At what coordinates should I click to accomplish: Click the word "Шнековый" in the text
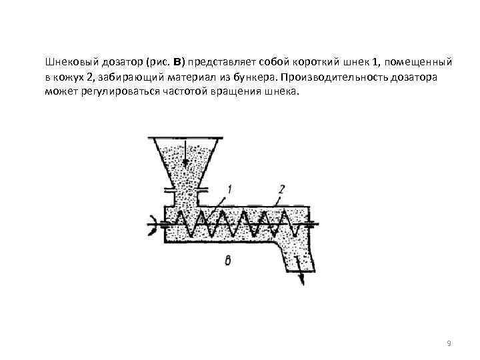pyautogui.click(x=69, y=63)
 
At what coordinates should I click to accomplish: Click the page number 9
pyautogui.click(x=449, y=343)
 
